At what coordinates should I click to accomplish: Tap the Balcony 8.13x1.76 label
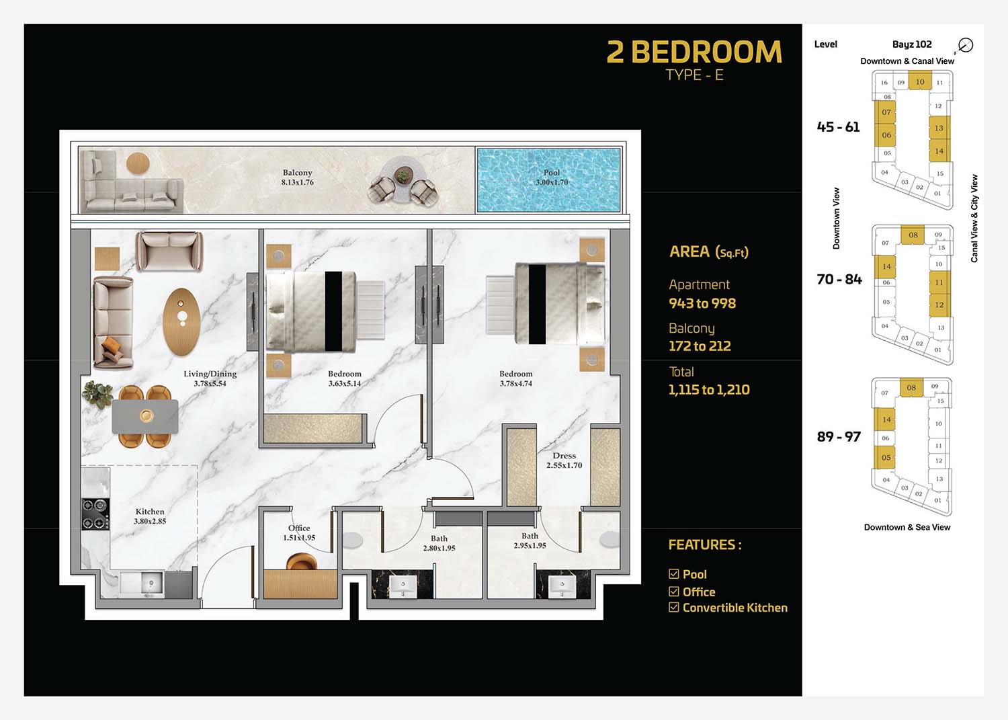tap(298, 177)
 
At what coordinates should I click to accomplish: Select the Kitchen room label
tap(150, 516)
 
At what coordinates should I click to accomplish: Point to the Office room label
tap(299, 532)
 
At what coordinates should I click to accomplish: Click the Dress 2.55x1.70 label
tap(564, 461)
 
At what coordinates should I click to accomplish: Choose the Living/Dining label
tap(210, 378)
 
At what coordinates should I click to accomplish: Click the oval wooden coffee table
tap(181, 322)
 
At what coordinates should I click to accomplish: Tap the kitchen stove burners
tap(95, 514)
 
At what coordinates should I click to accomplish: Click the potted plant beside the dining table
tap(97, 394)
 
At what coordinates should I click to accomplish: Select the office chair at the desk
tap(302, 561)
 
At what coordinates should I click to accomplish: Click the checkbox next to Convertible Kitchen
tap(673, 607)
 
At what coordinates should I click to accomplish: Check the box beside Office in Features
tap(673, 591)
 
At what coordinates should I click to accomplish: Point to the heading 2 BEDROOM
tap(694, 52)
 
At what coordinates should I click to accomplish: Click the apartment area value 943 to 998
tap(702, 303)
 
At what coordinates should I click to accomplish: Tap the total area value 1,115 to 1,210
tap(709, 389)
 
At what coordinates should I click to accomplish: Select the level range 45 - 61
tap(838, 127)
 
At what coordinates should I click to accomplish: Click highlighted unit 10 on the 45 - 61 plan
tap(920, 82)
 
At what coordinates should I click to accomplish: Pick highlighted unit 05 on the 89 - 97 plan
tap(886, 458)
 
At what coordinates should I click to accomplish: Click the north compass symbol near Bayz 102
tap(965, 45)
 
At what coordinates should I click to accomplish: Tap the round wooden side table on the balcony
tap(138, 163)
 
